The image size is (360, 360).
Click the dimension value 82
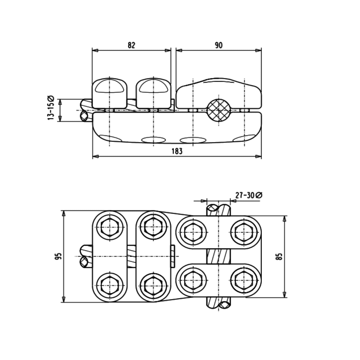click(x=132, y=45)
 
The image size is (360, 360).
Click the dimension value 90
click(x=218, y=45)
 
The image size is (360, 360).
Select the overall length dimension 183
click(x=177, y=151)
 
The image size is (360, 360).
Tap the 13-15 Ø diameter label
click(x=51, y=108)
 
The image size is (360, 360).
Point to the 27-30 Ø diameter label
click(x=249, y=195)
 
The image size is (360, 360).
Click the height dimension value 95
click(x=58, y=256)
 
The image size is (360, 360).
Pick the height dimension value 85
click(x=279, y=256)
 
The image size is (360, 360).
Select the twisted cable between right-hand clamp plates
click(x=219, y=256)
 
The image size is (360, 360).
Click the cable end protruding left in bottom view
click(x=85, y=256)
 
